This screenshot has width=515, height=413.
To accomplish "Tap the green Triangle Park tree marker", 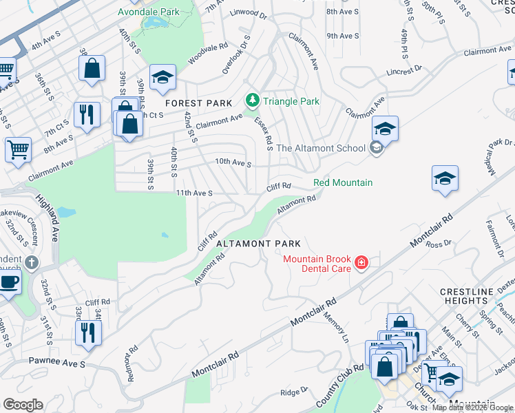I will [253, 101].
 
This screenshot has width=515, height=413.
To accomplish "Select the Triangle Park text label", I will [291, 101].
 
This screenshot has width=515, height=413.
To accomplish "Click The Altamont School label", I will [321, 148].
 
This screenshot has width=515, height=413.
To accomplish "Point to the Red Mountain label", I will [343, 182].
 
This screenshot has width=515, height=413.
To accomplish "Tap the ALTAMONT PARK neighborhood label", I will [258, 244].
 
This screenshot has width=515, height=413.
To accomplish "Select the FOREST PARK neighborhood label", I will [198, 103].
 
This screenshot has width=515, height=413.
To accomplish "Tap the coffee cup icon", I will [9, 282].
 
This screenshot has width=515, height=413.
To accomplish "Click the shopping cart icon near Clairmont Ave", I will [18, 149].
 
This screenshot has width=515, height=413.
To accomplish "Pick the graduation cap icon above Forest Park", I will [162, 78].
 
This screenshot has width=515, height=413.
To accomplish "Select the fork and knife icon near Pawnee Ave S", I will [88, 331].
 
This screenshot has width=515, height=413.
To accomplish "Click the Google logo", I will [23, 404].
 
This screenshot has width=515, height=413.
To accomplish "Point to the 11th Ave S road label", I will [193, 193].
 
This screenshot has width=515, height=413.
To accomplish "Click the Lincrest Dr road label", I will [403, 71].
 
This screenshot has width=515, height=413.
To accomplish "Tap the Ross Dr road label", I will [439, 244].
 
